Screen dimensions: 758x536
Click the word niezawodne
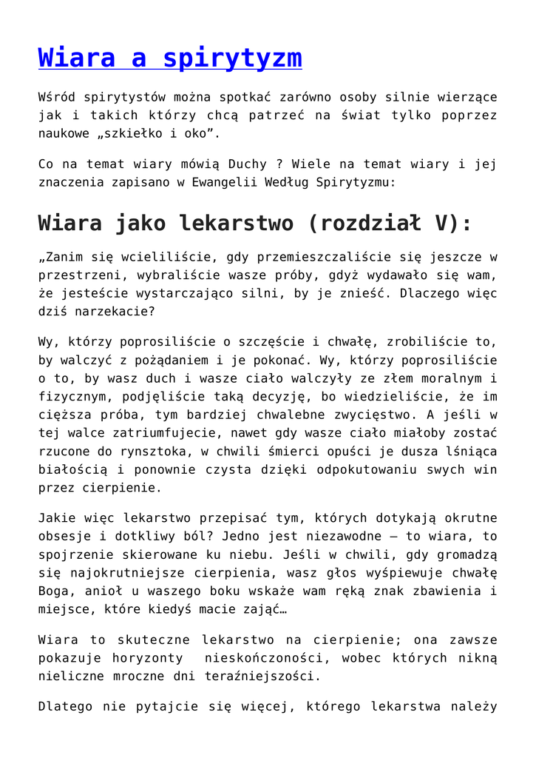pyautogui.click(x=311, y=536)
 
